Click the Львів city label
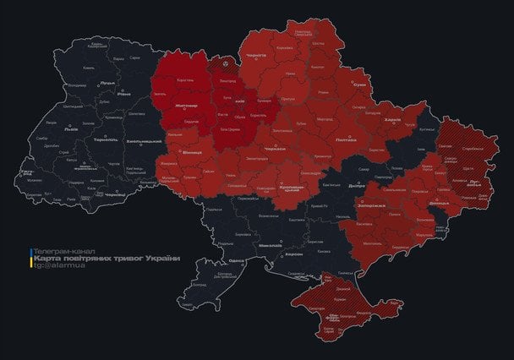pyautogui.click(x=70, y=129)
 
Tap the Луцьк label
pyautogui.click(x=107, y=83)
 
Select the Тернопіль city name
pyautogui.click(x=105, y=139)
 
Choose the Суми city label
pyautogui.click(x=360, y=85)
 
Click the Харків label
pyautogui.click(x=392, y=120)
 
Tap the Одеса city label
pyautogui.click(x=238, y=261)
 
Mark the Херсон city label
pyautogui.click(x=294, y=254)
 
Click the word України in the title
pyautogui.click(x=163, y=259)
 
